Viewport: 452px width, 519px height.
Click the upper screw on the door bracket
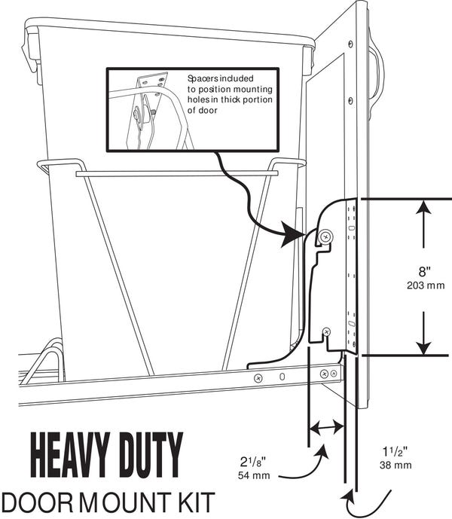(x=325, y=237)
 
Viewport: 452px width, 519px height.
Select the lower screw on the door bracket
(x=325, y=331)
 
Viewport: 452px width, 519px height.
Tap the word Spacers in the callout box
(x=203, y=78)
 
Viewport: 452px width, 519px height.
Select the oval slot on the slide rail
(x=281, y=376)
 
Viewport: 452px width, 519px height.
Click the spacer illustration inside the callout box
(x=147, y=109)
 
